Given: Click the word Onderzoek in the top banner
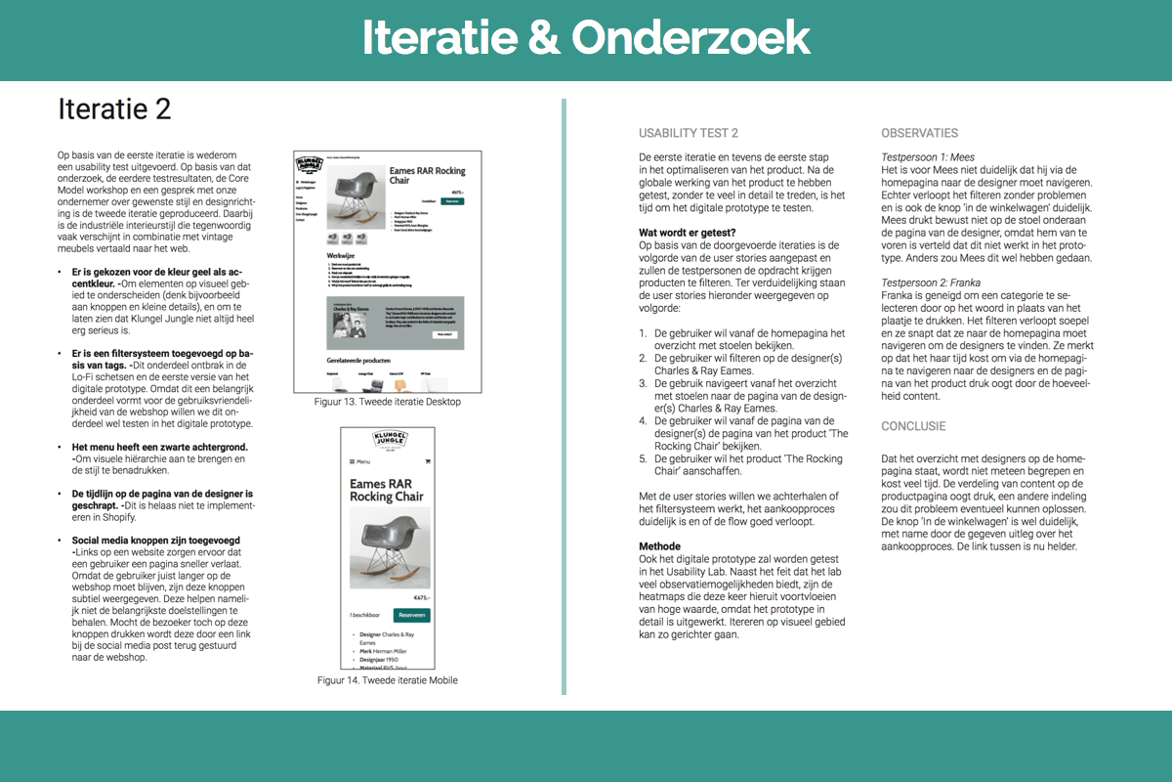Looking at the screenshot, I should coord(691,38).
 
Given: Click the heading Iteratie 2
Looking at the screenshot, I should coord(113,109).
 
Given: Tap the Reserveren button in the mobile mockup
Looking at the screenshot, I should coord(411,615).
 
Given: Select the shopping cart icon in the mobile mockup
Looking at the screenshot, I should coord(428,461).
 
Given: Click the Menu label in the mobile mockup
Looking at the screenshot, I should coord(360,461).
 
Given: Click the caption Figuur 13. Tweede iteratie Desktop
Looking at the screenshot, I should coord(388,402).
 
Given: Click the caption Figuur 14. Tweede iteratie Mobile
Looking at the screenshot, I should coord(388,680).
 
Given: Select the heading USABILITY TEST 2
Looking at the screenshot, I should coord(689,133).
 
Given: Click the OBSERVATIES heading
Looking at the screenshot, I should coord(919,133).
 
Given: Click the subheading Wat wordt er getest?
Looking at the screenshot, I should coord(688,233).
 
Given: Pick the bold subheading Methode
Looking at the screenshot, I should coord(659,546).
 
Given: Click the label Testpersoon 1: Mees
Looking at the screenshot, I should coord(928,156).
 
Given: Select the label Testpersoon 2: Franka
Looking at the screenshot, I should coord(932,282).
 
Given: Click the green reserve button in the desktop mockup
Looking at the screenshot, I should coord(451,200).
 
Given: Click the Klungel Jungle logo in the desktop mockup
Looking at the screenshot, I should coord(310,163).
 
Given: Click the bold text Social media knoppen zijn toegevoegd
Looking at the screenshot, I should coord(149,540).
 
